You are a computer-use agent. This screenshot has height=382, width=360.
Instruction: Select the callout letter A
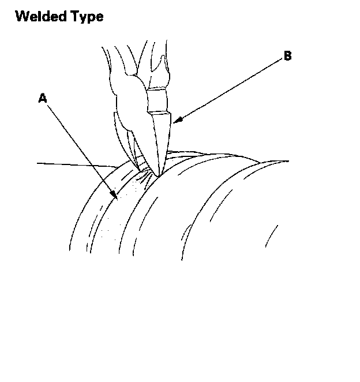point(42,99)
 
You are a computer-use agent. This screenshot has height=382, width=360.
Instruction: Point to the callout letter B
point(287,57)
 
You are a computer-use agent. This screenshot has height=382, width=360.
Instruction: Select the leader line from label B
point(231,89)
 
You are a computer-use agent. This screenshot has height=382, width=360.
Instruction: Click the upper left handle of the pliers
point(112,63)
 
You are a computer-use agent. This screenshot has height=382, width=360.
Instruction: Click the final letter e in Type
point(100,17)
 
